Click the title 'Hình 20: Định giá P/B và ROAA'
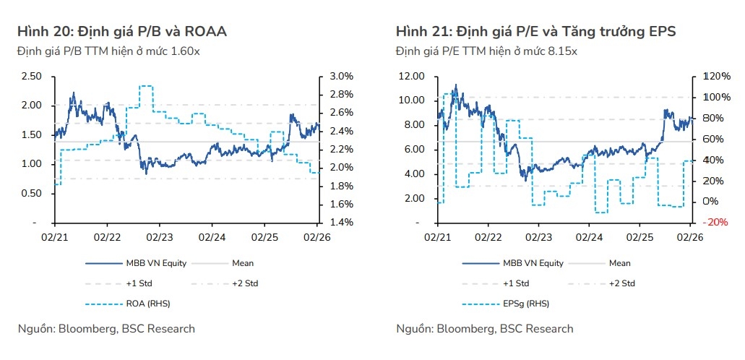pos(122,31)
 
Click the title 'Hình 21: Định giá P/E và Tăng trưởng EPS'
pos(535,31)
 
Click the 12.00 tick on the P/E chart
pos(410,76)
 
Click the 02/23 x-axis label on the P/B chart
pos(160,236)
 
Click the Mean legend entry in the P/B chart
pos(243,263)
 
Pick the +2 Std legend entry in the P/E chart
pos(622,283)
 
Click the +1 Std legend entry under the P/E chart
pos(514,283)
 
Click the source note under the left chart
pos(106,329)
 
